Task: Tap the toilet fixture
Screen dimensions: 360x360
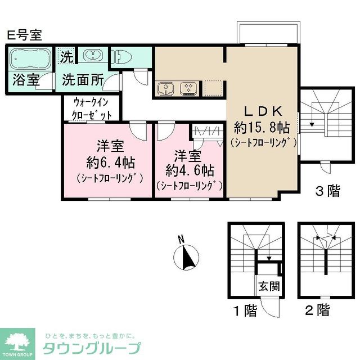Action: [x=125, y=56]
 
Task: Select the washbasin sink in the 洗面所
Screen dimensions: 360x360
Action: [x=92, y=55]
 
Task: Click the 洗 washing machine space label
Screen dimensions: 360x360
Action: [x=67, y=57]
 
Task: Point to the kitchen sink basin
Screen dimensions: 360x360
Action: [x=166, y=88]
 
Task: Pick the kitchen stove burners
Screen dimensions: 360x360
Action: [x=187, y=88]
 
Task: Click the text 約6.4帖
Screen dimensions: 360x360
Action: [x=110, y=163]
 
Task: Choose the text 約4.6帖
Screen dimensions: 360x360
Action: [x=188, y=169]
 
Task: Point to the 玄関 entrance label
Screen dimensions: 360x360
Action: [x=269, y=286]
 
